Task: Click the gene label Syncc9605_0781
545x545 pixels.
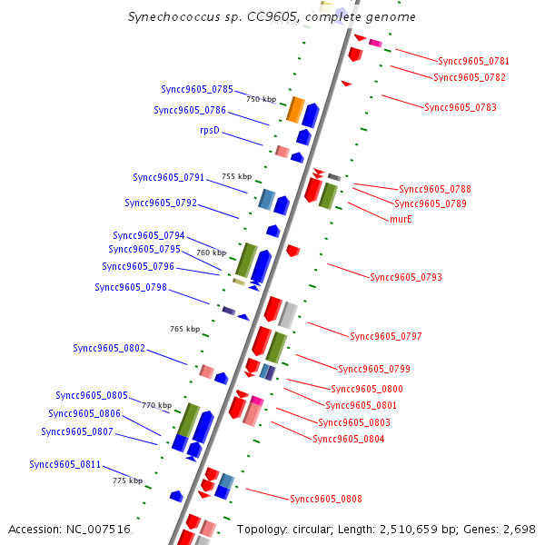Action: pos(473,62)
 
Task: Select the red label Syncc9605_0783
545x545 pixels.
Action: pos(461,107)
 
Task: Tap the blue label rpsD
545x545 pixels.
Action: pos(210,131)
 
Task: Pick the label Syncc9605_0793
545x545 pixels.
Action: pos(406,277)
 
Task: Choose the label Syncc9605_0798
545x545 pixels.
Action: pos(131,287)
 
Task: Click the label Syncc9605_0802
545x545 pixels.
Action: pos(109,348)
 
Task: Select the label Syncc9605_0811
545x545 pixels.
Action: pos(65,464)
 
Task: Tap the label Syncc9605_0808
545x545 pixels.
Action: pos(326,499)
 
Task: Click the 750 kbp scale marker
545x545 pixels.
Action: pos(261,99)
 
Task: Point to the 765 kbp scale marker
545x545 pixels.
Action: pos(184,329)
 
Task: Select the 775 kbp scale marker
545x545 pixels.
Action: pos(127,481)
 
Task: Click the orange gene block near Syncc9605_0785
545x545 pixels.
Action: pos(295,109)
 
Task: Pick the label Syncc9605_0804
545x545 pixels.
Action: pos(349,439)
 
